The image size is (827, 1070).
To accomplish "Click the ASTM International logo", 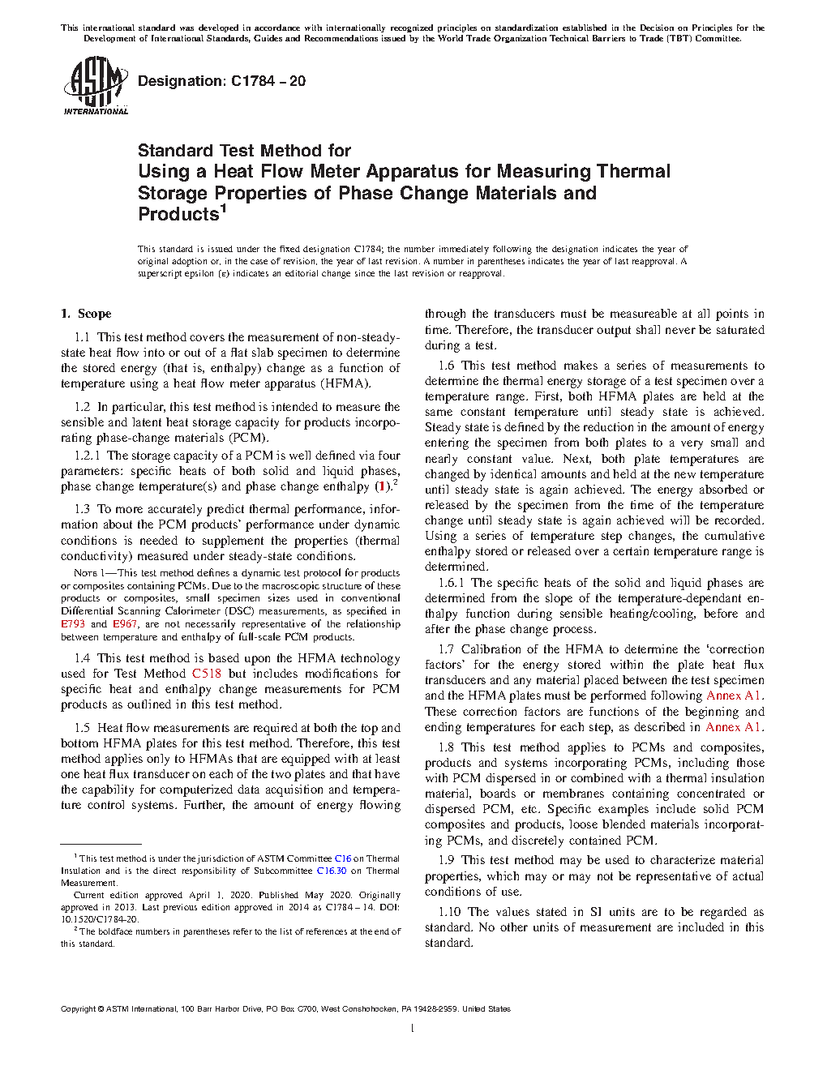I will (x=95, y=86).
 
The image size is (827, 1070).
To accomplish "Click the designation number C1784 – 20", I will (x=268, y=81).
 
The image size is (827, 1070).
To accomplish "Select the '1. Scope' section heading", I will (x=86, y=314).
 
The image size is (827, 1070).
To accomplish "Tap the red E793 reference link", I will (x=73, y=624).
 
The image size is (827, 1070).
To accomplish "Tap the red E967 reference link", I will (x=124, y=624).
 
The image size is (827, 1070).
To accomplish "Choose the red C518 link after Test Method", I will (x=206, y=674).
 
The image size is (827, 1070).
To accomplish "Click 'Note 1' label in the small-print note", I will (x=85, y=573).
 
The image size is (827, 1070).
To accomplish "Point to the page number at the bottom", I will (x=413, y=1029).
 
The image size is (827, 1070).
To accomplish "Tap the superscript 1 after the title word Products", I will (x=224, y=208).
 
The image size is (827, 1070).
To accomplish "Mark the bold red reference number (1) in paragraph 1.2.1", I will (x=381, y=486).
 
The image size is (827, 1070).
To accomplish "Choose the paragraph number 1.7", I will (x=446, y=649).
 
